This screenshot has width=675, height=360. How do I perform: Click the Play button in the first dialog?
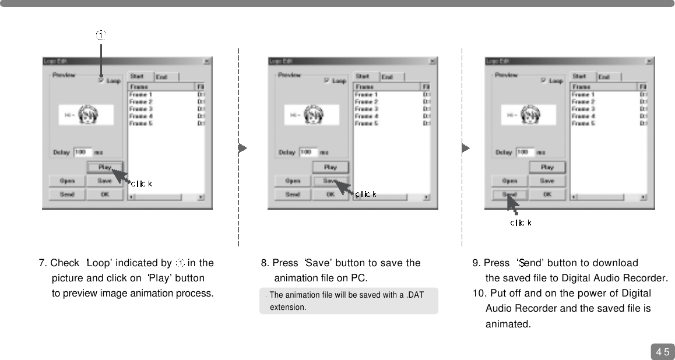click(105, 167)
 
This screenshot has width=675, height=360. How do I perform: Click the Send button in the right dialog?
click(509, 195)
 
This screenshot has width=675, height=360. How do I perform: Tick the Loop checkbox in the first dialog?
click(101, 81)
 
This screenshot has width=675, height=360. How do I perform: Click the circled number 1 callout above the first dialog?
click(101, 36)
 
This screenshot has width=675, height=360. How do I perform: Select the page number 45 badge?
click(662, 351)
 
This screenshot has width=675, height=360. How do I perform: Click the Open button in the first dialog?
click(67, 181)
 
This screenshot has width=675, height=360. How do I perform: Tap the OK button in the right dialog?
click(547, 195)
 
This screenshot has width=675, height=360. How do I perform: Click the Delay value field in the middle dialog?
click(308, 152)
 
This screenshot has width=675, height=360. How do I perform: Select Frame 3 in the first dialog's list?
click(141, 109)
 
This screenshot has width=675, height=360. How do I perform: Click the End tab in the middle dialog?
click(387, 77)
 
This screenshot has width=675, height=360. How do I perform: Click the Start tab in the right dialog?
click(579, 76)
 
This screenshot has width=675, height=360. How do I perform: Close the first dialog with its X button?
click(207, 61)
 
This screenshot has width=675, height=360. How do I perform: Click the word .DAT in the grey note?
click(415, 295)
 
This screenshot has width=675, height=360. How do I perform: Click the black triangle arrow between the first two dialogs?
click(242, 148)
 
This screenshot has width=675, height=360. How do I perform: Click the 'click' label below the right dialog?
click(521, 223)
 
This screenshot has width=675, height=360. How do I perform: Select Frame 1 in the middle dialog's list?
click(366, 94)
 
